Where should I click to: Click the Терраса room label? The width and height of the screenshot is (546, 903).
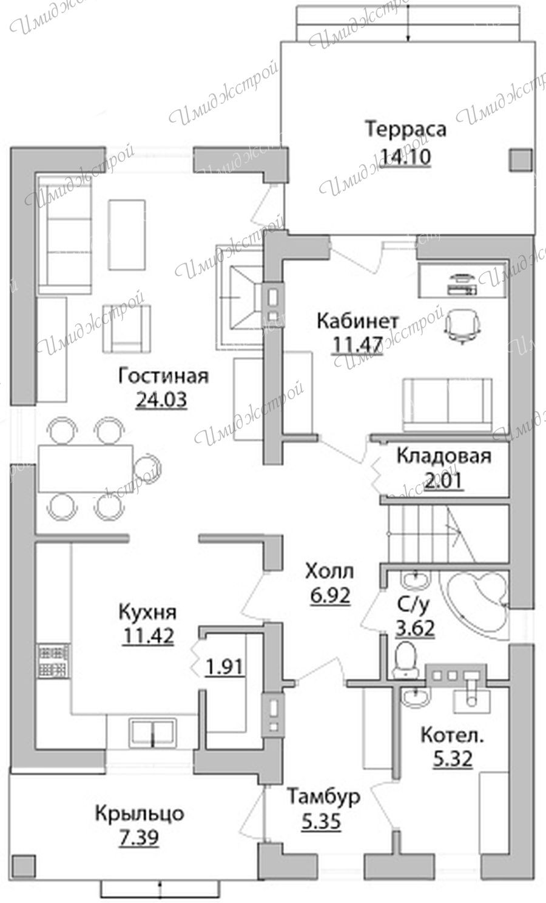[406, 130]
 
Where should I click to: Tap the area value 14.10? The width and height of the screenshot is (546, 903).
[406, 156]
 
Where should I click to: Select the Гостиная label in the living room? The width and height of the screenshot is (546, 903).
[163, 376]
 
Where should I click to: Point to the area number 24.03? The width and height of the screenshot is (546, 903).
[161, 400]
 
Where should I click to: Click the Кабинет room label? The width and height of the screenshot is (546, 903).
[357, 321]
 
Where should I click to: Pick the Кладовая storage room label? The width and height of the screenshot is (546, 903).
[444, 456]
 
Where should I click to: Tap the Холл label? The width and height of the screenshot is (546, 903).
[329, 571]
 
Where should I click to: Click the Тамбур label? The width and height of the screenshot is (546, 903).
[323, 796]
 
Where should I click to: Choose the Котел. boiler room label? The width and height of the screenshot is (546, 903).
[452, 735]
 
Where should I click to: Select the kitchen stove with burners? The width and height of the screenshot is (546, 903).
[53, 661]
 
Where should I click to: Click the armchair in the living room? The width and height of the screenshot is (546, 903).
[127, 328]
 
